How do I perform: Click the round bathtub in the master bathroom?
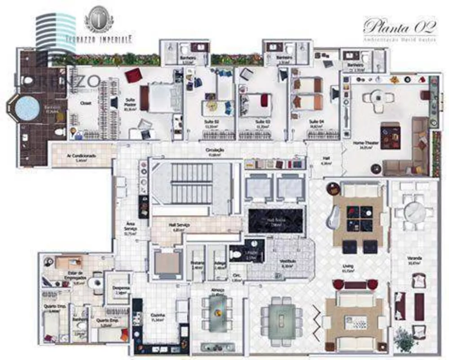point(26,108)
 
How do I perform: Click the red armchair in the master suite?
point(133,75)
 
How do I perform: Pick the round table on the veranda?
point(414,210)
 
